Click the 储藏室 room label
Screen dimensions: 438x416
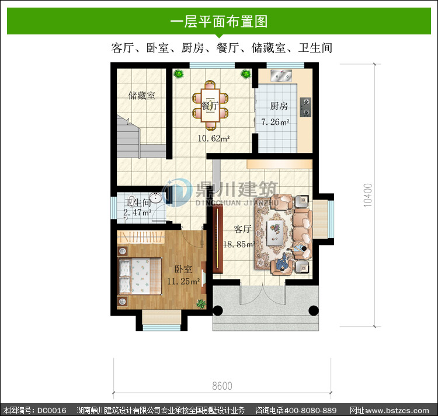tap(142, 96)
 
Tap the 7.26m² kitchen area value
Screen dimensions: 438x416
tap(275, 122)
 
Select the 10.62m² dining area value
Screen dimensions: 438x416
tap(214, 138)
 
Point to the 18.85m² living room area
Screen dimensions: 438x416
tap(239, 244)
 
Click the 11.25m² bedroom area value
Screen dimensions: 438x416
tap(183, 281)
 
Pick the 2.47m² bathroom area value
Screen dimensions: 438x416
tap(137, 212)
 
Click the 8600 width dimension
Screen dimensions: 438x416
tap(222, 386)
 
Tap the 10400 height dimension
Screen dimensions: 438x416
tap(368, 195)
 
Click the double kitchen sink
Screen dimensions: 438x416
tap(281, 76)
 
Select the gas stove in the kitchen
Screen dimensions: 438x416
tap(305, 107)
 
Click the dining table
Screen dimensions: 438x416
tap(210, 105)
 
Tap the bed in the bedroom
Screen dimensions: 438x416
tap(141, 275)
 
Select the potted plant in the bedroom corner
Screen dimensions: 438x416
tap(201, 303)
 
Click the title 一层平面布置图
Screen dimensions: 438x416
tap(219, 22)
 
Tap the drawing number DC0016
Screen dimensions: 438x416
tap(52, 410)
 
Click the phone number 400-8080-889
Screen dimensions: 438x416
tap(310, 410)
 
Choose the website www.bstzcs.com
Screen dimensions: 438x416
tap(397, 410)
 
